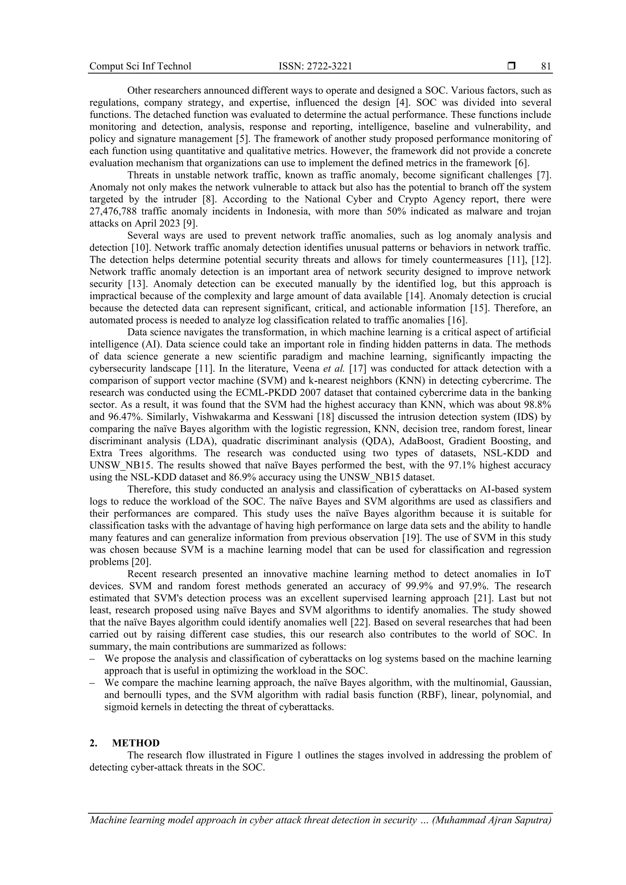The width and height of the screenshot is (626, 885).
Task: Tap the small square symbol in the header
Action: [511, 66]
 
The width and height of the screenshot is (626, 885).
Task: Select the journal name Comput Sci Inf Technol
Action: [140, 66]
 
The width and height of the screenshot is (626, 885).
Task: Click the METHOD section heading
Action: [136, 743]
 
